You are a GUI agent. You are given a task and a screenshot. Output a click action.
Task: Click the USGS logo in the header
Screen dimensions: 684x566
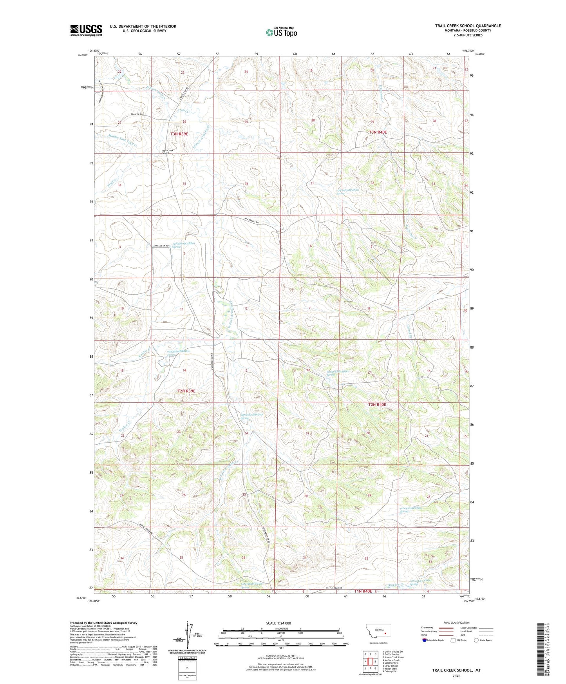coord(86,30)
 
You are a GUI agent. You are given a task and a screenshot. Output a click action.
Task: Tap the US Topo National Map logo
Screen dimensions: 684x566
coord(281,32)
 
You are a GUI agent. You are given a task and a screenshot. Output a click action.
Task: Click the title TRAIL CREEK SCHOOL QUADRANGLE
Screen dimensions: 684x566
coord(468,26)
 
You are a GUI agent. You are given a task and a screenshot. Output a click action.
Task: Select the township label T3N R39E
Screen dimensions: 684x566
coord(179,134)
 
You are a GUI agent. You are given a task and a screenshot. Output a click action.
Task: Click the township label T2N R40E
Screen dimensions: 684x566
coord(377,405)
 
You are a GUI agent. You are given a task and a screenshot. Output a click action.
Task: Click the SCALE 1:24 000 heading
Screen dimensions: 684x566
coord(278,623)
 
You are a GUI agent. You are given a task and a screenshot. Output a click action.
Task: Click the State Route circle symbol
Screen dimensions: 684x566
coord(476,640)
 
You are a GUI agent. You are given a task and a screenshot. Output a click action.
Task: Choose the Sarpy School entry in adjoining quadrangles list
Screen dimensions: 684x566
coord(390,666)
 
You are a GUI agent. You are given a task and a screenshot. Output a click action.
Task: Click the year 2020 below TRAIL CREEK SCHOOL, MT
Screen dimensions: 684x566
coord(456,676)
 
